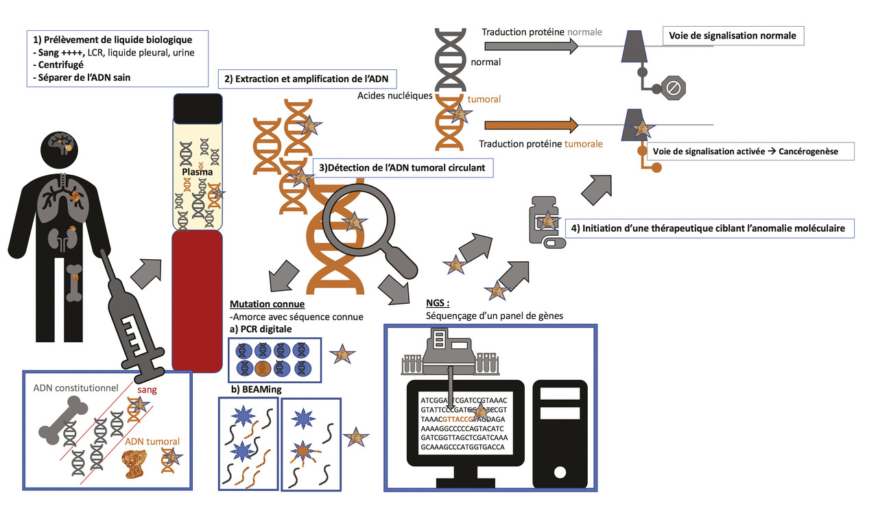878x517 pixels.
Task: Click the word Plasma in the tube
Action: click(x=197, y=173)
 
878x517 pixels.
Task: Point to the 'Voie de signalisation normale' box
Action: click(x=732, y=36)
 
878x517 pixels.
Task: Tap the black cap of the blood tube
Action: click(x=198, y=107)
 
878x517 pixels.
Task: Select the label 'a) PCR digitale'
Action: click(x=261, y=330)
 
